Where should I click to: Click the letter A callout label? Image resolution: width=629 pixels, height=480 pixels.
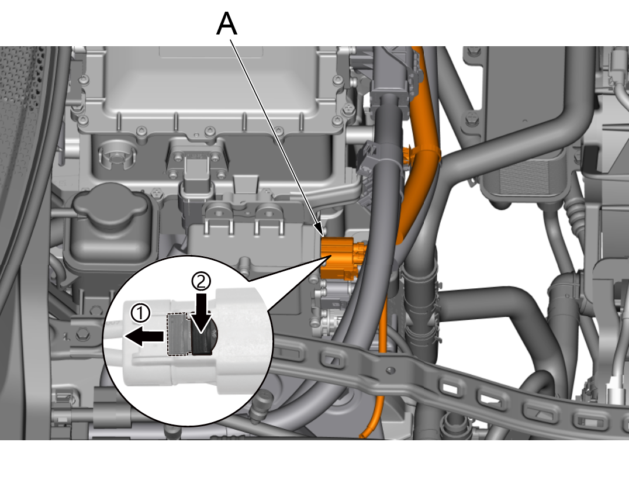pyautogui.click(x=227, y=24)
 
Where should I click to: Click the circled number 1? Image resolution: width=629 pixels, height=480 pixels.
pyautogui.click(x=140, y=313)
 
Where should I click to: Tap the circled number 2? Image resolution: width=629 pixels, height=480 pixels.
pyautogui.click(x=201, y=282)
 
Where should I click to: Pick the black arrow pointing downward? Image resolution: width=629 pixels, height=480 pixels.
pyautogui.click(x=201, y=313)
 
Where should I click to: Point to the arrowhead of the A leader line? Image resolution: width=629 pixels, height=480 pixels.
pyautogui.click(x=320, y=231)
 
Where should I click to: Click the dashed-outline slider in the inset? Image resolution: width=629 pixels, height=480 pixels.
pyautogui.click(x=178, y=334)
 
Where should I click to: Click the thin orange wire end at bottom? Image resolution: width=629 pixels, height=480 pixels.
pyautogui.click(x=362, y=434)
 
